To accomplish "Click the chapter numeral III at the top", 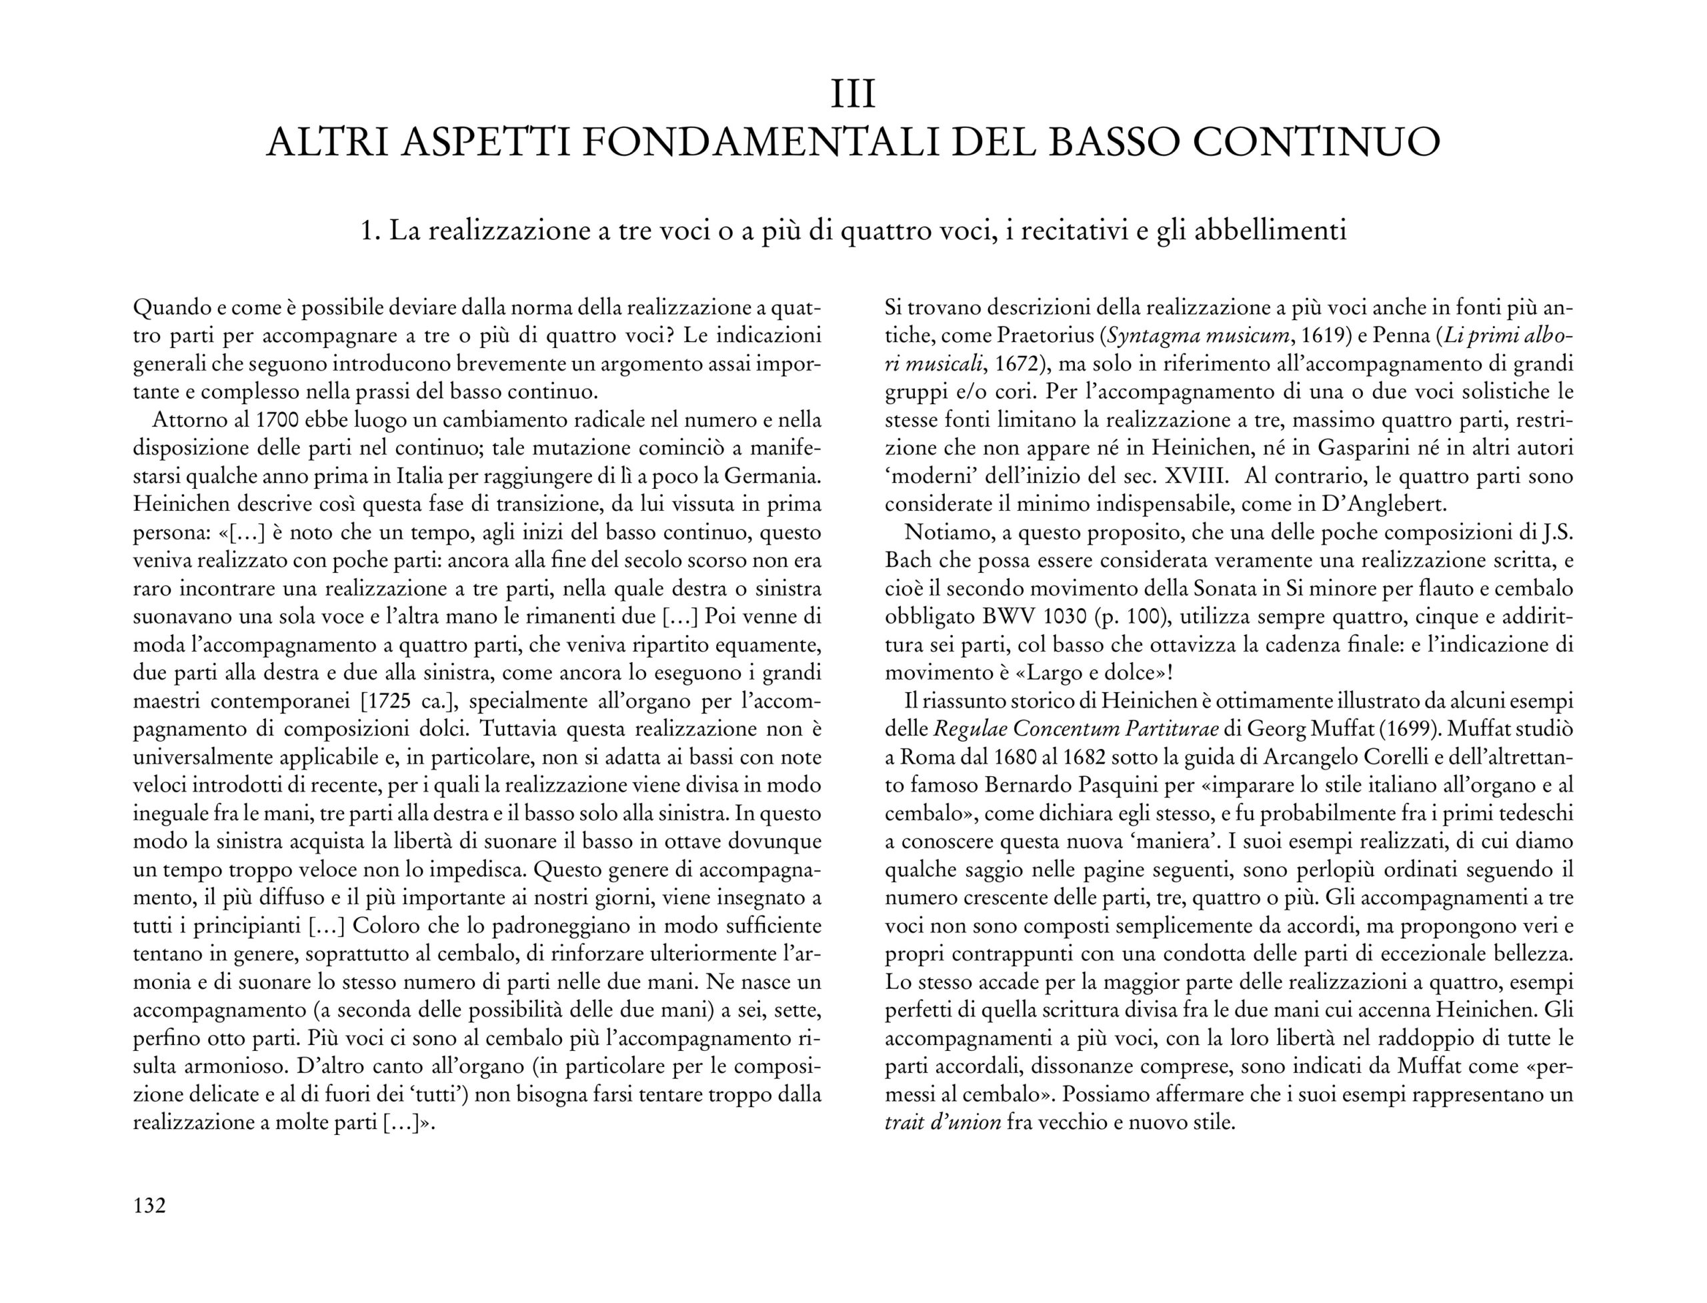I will (x=853, y=95).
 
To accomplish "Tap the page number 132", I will (x=149, y=1205).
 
